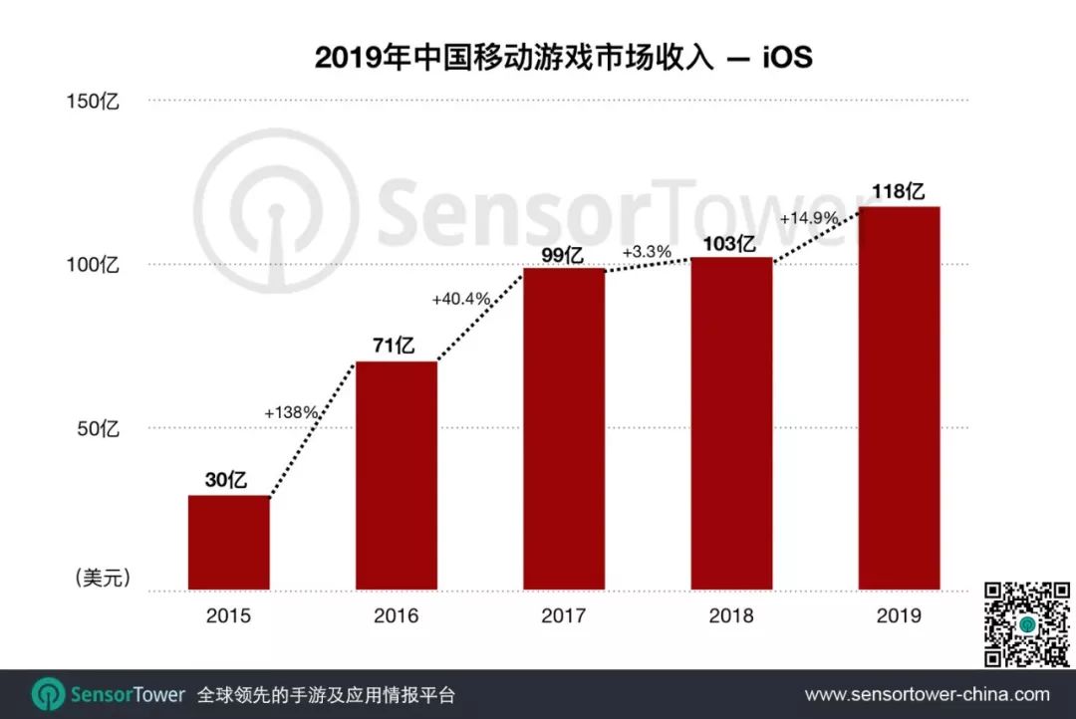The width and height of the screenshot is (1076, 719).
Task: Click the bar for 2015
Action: click(x=229, y=542)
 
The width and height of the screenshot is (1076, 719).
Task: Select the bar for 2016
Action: click(x=397, y=475)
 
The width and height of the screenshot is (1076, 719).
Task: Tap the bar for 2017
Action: click(x=564, y=428)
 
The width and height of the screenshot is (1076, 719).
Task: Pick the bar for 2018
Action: click(x=731, y=423)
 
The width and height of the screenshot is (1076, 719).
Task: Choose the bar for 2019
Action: click(x=899, y=397)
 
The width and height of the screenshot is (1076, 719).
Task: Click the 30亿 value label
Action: click(x=226, y=480)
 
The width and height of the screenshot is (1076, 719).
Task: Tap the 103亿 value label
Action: click(x=731, y=243)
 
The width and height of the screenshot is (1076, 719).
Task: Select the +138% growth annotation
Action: click(x=291, y=411)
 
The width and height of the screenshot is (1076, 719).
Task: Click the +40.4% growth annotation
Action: click(x=461, y=298)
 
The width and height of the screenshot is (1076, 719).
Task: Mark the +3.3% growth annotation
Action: click(x=646, y=252)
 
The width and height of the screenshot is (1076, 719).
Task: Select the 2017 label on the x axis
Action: click(x=564, y=615)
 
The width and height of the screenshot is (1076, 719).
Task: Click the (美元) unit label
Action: click(x=103, y=579)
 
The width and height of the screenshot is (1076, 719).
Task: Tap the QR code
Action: click(x=1026, y=624)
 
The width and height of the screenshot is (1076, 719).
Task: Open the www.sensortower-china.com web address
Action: click(x=927, y=694)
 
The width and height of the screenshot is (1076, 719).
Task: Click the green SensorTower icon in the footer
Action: click(x=48, y=694)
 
